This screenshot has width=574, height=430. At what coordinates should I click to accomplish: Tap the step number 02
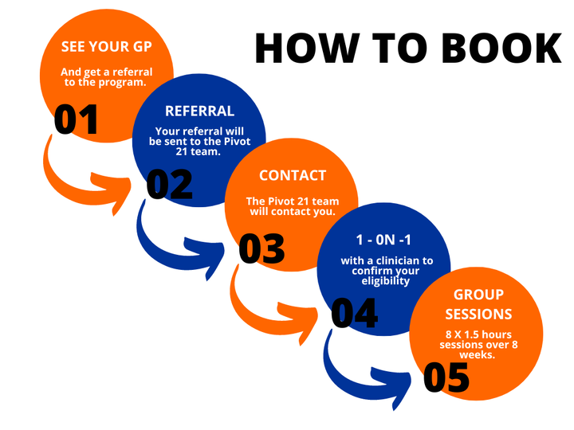[170, 184]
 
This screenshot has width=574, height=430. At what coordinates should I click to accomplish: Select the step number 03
[262, 249]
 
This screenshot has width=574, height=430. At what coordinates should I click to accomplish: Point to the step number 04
[355, 313]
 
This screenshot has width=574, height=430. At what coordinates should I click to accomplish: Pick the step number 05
[446, 377]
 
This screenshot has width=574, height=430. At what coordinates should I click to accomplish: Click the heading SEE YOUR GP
[106, 46]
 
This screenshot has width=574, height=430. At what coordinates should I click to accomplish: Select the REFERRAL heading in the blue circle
[199, 111]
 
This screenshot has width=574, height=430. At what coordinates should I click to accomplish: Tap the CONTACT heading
[293, 175]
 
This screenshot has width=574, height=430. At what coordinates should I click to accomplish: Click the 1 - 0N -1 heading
[385, 239]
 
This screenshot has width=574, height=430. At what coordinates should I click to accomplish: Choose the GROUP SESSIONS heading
[478, 304]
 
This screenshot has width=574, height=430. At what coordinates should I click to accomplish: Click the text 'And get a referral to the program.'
[106, 77]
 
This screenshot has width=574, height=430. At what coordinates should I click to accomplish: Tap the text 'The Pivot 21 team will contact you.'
[292, 207]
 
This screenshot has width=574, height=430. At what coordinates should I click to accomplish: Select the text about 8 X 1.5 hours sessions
[478, 338]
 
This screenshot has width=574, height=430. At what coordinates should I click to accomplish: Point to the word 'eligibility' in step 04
[386, 280]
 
